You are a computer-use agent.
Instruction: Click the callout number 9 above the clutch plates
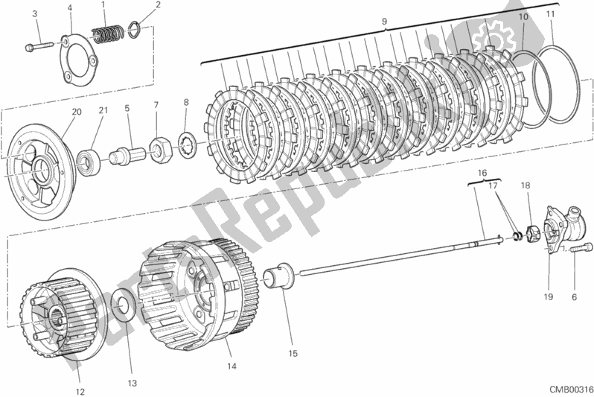[x=385, y=22]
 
